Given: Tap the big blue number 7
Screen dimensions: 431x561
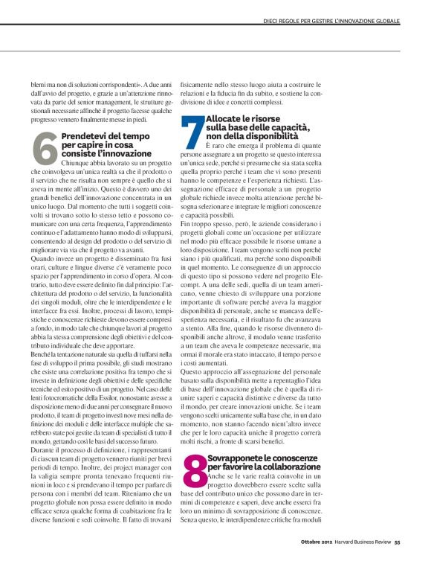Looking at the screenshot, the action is pyautogui.click(x=192, y=133).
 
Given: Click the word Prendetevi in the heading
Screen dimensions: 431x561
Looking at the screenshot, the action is pyautogui.click(x=82, y=137).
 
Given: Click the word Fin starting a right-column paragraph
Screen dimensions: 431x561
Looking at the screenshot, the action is pyautogui.click(x=187, y=224).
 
